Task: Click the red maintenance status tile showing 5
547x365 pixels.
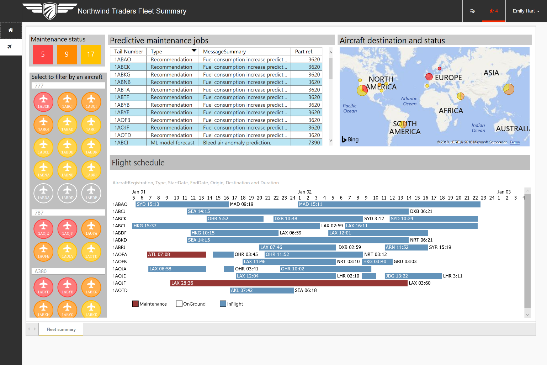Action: coord(43,54)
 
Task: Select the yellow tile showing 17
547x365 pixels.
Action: coord(91,54)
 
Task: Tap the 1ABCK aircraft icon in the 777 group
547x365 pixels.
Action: coord(43,102)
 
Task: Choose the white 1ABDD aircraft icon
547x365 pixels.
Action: coord(67,193)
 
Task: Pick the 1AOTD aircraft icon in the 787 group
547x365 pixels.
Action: coord(91,252)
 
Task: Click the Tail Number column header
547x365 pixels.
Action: coord(128,52)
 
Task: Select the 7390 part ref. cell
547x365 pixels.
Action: coord(314,143)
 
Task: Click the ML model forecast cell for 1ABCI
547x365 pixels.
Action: coord(172,143)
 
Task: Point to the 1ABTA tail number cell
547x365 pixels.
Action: coord(122,90)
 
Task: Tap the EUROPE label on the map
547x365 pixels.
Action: coord(448,78)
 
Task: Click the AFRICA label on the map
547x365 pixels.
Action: coord(451,111)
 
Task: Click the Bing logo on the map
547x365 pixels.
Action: coord(350,139)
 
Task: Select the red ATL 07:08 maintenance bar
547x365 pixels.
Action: coord(177,255)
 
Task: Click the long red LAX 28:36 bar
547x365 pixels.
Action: coord(289,283)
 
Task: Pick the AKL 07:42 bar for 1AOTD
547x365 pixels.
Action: coord(261,291)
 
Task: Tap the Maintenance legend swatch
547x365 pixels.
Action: coord(136,304)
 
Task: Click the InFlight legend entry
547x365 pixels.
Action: coord(231,304)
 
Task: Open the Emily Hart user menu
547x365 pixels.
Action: coord(526,11)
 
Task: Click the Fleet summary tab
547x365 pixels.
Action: coord(61,329)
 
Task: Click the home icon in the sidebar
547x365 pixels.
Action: coord(11,30)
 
